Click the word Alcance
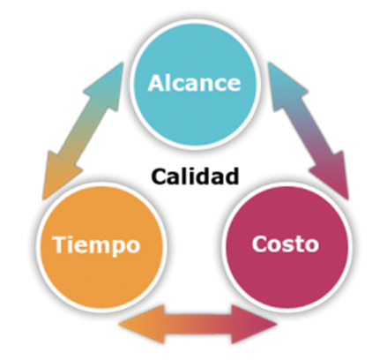point(194,83)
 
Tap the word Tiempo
point(96,245)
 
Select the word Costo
point(286,244)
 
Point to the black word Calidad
point(195,176)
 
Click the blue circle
point(195,83)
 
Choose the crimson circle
point(287,246)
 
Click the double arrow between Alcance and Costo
point(308,131)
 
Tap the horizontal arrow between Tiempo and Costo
point(197,325)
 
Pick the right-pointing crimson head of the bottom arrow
point(253,325)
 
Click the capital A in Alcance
point(156,83)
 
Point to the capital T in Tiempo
point(61,244)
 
